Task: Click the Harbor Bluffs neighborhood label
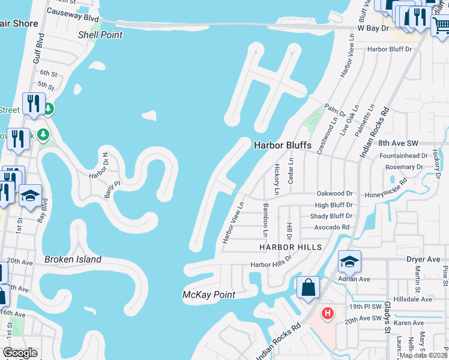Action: [280, 145]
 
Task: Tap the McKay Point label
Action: [208, 295]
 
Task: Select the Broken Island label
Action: [73, 260]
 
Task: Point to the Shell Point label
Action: [100, 35]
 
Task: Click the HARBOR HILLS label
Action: [291, 247]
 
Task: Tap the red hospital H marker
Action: [327, 313]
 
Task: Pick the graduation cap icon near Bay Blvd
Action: [30, 196]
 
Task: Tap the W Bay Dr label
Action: [378, 28]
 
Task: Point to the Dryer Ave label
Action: [423, 260]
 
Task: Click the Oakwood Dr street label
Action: [334, 194]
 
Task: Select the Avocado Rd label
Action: [332, 227]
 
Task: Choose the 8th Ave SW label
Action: [397, 143]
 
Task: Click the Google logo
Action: [20, 353]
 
